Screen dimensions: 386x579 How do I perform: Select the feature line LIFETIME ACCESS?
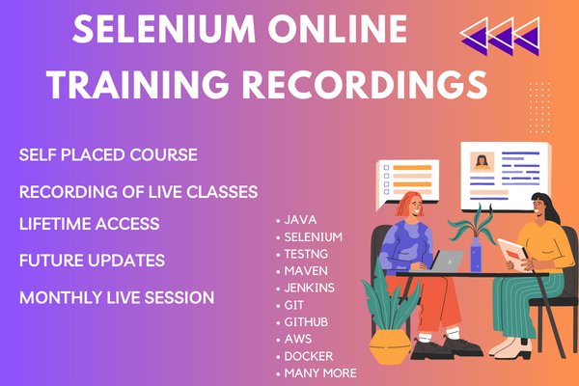pyautogui.click(x=90, y=224)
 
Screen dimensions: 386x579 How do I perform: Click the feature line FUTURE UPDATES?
pyautogui.click(x=92, y=261)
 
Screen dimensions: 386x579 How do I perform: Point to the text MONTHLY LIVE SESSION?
pyautogui.click(x=117, y=297)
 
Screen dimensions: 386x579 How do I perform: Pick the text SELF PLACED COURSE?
pyautogui.click(x=108, y=154)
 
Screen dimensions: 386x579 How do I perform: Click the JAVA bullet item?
pyautogui.click(x=300, y=220)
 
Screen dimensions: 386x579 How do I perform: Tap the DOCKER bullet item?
pyautogui.click(x=308, y=357)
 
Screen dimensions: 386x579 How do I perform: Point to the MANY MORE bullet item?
pyautogui.click(x=319, y=372)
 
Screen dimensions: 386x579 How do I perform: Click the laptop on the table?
pyautogui.click(x=447, y=261)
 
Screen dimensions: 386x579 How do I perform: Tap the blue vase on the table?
pyautogui.click(x=475, y=257)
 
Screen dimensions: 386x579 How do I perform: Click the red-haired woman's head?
pyautogui.click(x=407, y=205)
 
